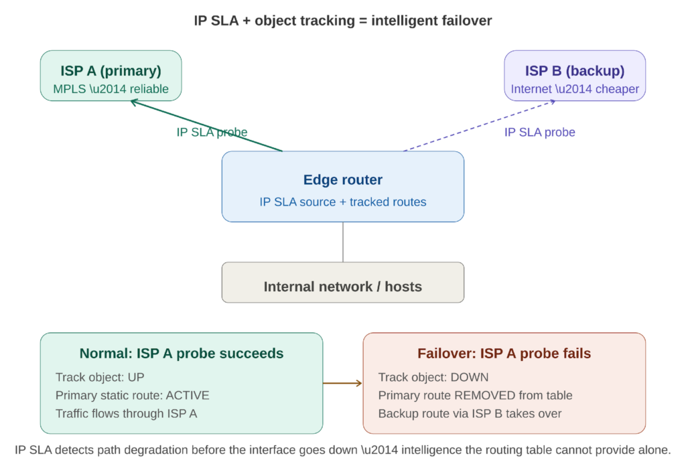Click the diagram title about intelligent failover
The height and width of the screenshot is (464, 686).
click(342, 21)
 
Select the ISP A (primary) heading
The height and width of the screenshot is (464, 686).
click(111, 71)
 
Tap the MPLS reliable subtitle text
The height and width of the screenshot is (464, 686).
click(111, 89)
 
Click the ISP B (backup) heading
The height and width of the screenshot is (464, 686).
click(575, 71)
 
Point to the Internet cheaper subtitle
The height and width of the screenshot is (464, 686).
click(575, 89)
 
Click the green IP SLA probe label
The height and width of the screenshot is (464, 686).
click(212, 133)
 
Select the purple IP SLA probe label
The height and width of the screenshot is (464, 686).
click(539, 133)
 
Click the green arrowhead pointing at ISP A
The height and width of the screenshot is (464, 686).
click(133, 102)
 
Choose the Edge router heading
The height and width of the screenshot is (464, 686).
click(342, 180)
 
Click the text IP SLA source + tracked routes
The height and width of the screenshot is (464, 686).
click(342, 202)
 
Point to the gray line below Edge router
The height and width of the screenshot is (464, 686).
click(343, 242)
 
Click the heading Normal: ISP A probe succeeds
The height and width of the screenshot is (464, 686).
click(182, 354)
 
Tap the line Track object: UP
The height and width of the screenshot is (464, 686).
click(100, 377)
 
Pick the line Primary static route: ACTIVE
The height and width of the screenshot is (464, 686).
click(132, 395)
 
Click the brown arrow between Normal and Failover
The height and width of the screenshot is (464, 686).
click(342, 384)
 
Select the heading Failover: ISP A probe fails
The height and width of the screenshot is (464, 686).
click(504, 354)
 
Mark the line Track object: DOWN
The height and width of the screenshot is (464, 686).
click(433, 377)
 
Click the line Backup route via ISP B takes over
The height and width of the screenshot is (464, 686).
click(470, 413)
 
